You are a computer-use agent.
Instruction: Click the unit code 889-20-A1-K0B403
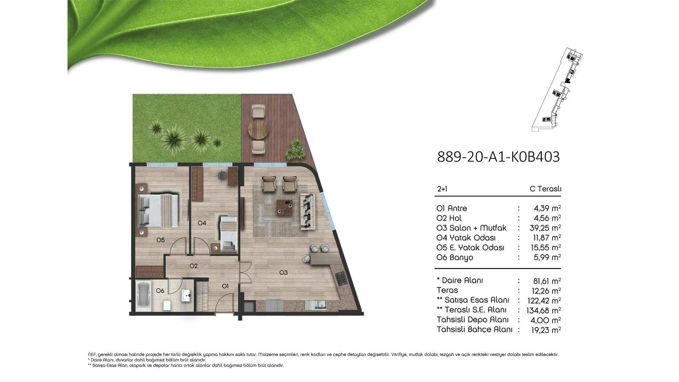498,157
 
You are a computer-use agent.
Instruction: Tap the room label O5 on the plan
161,240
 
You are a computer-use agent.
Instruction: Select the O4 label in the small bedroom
202,223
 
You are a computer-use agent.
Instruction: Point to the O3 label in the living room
283,272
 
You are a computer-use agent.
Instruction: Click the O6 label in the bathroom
160,291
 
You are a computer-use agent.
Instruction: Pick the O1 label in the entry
225,286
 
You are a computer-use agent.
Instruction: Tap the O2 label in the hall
193,266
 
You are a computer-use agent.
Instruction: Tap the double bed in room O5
158,211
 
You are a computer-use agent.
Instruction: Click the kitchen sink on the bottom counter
316,305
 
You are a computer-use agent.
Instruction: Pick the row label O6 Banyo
455,257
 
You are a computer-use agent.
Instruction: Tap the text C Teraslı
545,189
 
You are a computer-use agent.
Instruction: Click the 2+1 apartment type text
442,189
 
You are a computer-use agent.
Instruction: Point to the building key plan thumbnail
557,89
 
